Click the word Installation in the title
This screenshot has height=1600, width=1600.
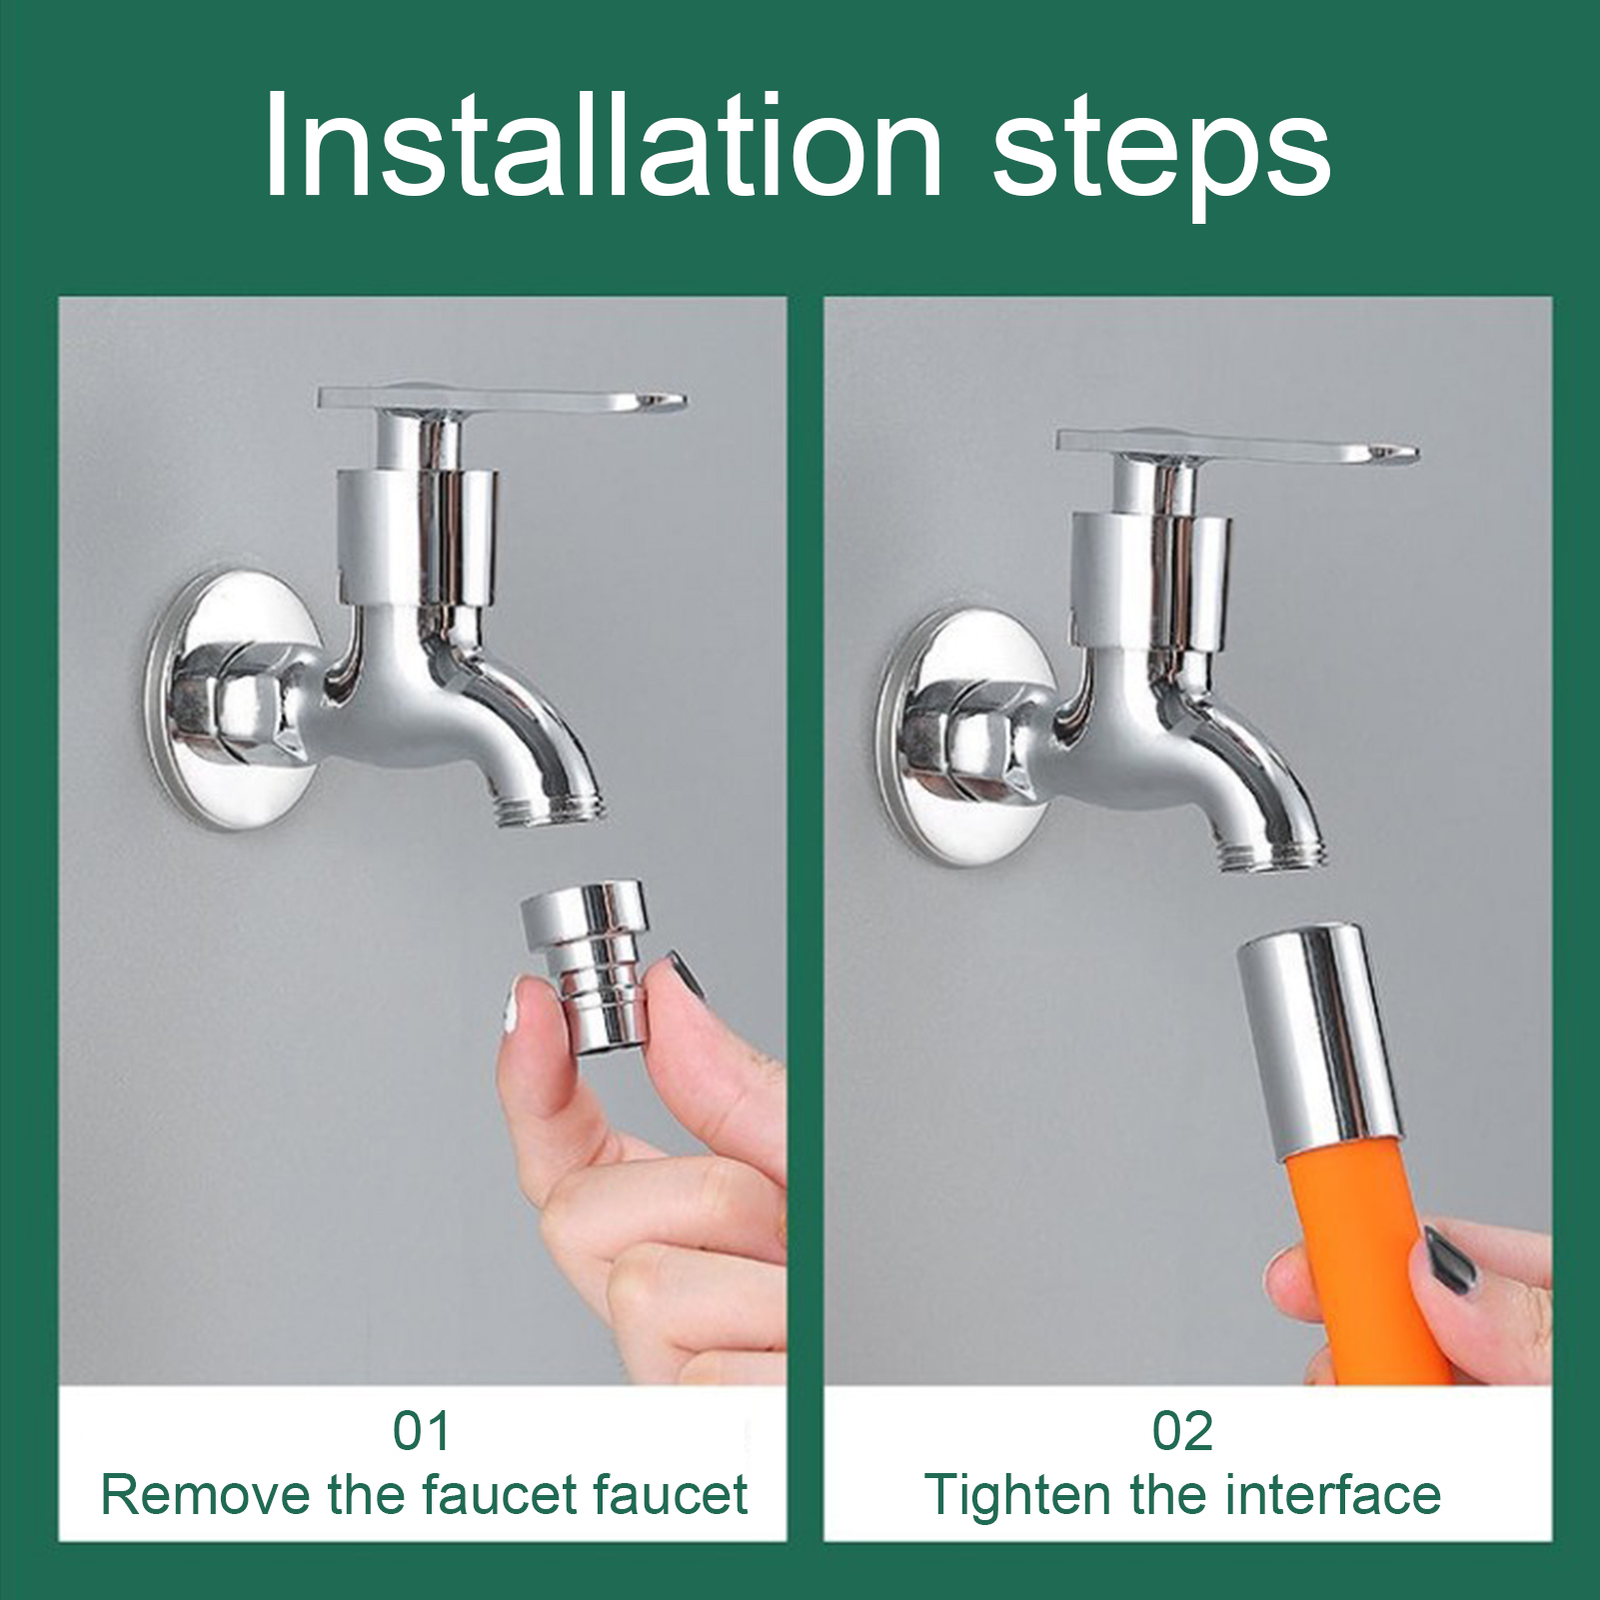(604, 146)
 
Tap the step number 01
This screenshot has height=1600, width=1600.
(421, 1430)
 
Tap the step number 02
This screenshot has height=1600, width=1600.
(1182, 1430)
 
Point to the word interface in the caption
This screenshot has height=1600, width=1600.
(1333, 1495)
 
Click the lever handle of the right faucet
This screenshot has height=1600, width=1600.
(1237, 447)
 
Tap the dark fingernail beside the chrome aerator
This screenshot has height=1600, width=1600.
(688, 974)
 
